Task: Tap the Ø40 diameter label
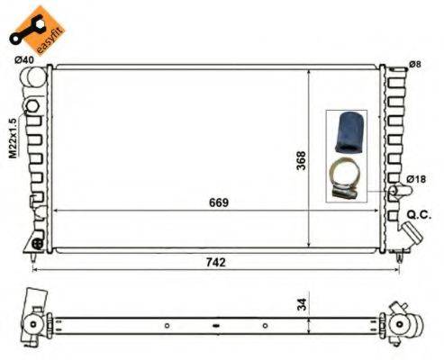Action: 24,60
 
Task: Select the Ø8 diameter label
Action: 415,63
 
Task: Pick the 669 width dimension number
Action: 218,202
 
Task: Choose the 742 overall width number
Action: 213,262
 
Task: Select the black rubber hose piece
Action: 347,130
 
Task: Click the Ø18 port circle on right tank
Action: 394,192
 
